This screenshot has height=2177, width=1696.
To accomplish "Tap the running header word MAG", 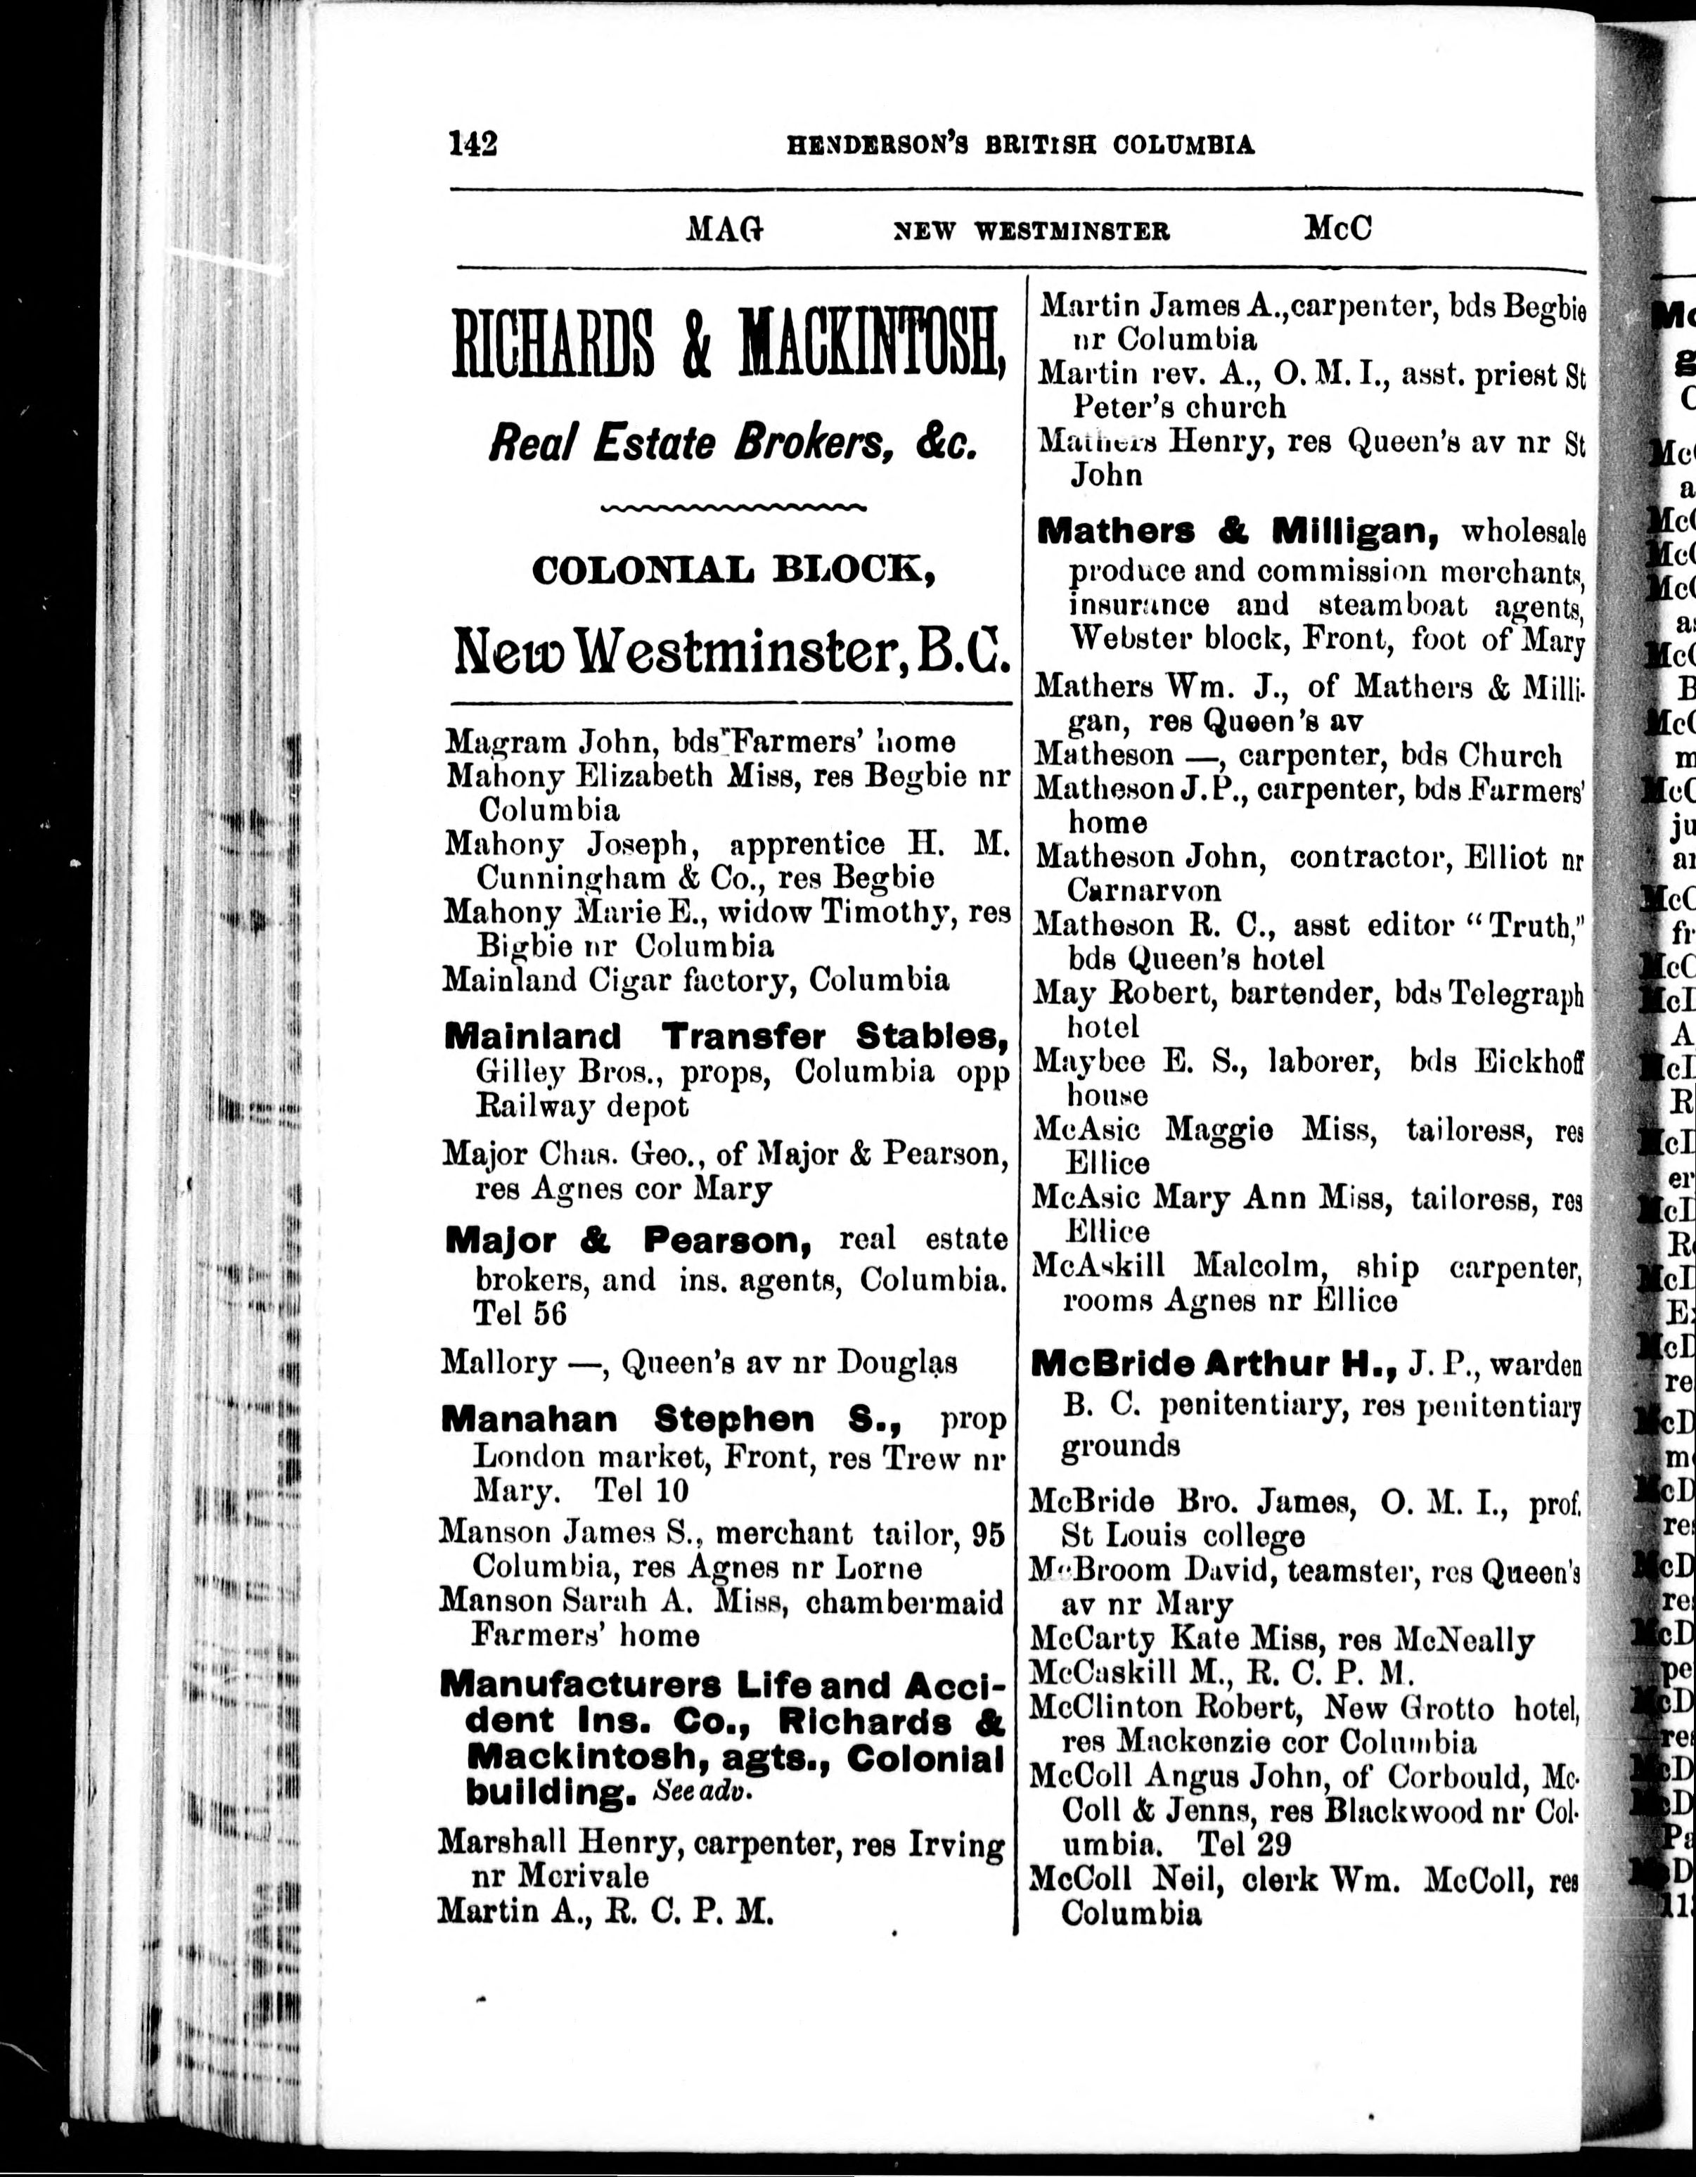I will coord(725,230).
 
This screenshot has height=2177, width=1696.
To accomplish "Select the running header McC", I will coord(1337,229).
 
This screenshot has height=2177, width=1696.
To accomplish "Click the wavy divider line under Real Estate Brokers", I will coord(734,508).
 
